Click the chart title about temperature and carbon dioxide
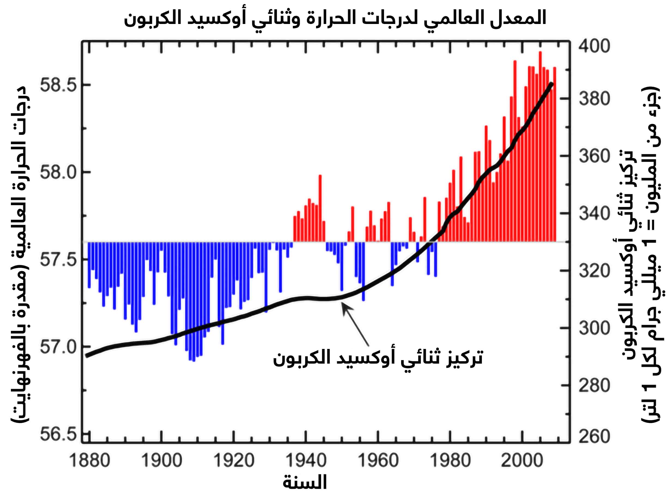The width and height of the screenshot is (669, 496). coord(335,17)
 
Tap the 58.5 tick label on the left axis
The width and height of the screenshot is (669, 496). coord(57,86)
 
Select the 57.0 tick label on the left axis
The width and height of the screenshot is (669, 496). coord(57,347)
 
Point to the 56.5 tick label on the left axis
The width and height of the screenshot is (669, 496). coord(57,434)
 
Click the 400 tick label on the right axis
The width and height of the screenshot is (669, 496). coord(594,47)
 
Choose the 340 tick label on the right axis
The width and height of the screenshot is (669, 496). coord(594,214)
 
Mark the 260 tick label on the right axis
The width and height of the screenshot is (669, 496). coord(594,436)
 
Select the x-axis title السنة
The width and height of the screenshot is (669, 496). coord(304,483)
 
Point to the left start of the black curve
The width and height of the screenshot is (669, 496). coord(87,356)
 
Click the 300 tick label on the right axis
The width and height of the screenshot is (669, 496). coord(594,328)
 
